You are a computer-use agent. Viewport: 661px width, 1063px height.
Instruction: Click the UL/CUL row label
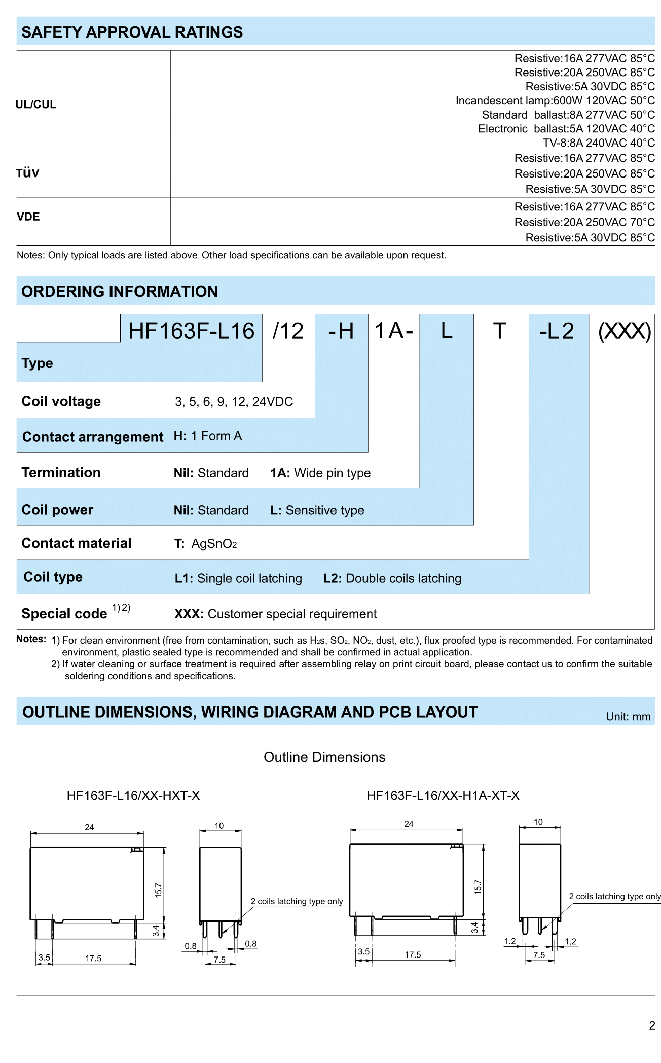pos(36,104)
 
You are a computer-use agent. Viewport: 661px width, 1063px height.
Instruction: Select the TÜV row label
pos(28,173)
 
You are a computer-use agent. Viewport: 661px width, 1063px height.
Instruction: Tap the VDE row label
pos(28,217)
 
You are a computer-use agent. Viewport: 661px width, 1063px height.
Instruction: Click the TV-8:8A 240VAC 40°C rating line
pos(599,143)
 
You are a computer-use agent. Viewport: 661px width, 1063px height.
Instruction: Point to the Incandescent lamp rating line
pos(555,101)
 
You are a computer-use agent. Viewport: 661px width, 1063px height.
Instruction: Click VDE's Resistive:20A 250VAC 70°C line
pos(584,222)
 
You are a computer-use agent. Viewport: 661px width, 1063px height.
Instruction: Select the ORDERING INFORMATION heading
pos(120,292)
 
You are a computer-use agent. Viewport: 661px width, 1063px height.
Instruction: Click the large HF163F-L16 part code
pos(191,331)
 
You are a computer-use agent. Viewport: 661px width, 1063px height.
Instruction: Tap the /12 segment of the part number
pos(288,331)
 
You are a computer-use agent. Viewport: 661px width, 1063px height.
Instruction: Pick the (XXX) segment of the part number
pos(625,331)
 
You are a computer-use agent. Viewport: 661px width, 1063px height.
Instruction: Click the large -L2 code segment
pos(557,331)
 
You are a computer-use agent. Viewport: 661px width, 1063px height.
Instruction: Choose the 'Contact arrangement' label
pos(93,437)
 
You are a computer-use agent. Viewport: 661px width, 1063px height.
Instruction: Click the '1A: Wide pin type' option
pos(320,473)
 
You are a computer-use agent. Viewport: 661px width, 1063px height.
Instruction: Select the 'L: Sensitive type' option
pos(317,510)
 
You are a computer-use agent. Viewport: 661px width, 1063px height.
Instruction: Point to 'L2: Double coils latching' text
pos(392,579)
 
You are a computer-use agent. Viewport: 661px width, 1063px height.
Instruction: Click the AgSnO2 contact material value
pos(214,544)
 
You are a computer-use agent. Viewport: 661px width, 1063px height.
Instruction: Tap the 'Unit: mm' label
pos(628,717)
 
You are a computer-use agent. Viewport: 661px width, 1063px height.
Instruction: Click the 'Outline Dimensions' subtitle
pos(324,757)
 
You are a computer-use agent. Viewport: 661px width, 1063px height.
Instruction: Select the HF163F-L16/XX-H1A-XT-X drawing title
pos(443,796)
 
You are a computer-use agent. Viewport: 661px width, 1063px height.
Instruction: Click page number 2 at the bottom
pos(652,1026)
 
